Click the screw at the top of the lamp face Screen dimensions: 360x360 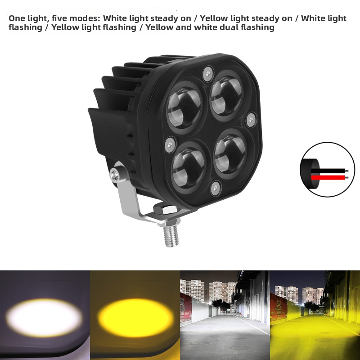[208, 72]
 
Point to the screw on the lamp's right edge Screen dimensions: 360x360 [251, 119]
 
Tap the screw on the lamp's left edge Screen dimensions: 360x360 [170, 144]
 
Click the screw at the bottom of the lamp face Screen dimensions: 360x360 [216, 188]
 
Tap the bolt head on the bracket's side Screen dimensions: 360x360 [116, 173]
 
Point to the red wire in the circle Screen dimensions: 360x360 [328, 177]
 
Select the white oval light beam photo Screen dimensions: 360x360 [45, 315]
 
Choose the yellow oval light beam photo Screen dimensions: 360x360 [135, 315]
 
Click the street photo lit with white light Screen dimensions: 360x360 [225, 315]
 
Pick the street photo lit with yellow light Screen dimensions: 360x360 [315, 315]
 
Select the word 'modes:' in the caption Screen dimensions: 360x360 [86, 18]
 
